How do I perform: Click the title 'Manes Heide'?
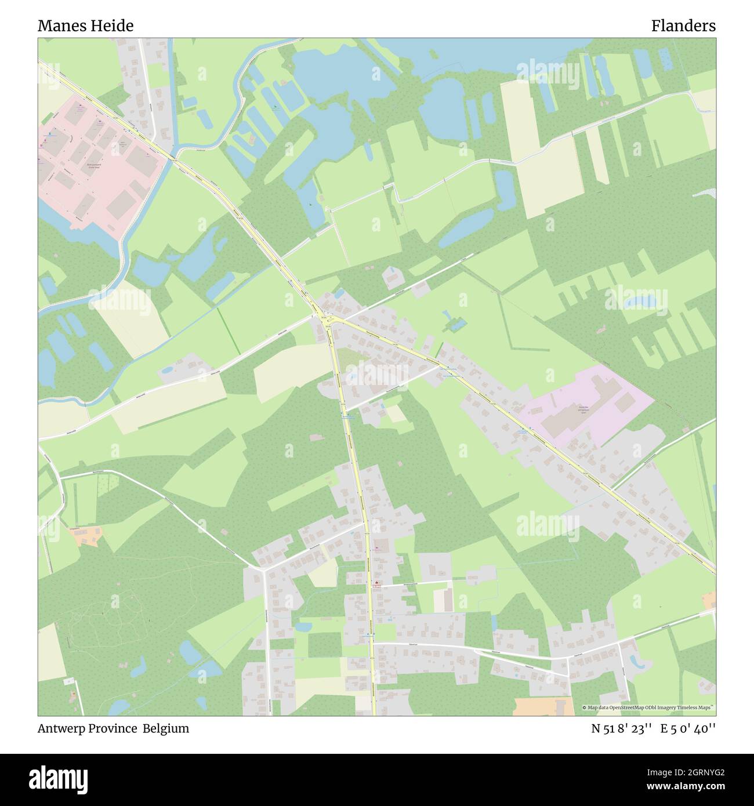click(x=85, y=26)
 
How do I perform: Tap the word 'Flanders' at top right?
click(x=683, y=26)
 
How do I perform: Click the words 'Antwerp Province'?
click(x=87, y=728)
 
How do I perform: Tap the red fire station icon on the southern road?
click(x=376, y=583)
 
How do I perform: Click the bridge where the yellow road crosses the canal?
click(x=173, y=158)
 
